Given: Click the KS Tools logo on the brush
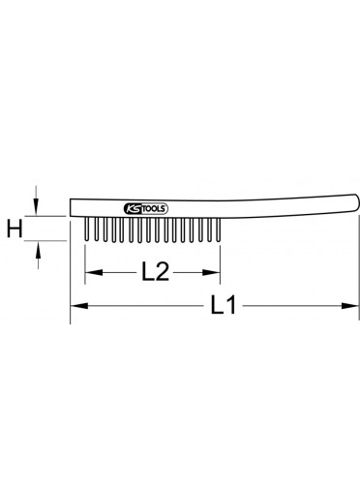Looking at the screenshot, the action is click(x=146, y=209).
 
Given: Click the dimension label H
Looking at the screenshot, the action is click(x=15, y=229).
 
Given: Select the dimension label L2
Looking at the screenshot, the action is click(x=155, y=271).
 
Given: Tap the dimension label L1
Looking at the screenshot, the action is click(x=224, y=304).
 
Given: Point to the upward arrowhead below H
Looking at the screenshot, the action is click(x=38, y=251).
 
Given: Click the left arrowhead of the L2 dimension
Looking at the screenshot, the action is click(x=94, y=272).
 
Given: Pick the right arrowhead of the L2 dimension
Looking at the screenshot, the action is click(x=211, y=272).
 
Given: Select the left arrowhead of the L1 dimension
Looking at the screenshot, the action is click(x=79, y=305).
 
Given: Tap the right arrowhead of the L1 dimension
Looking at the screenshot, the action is click(x=350, y=305).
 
